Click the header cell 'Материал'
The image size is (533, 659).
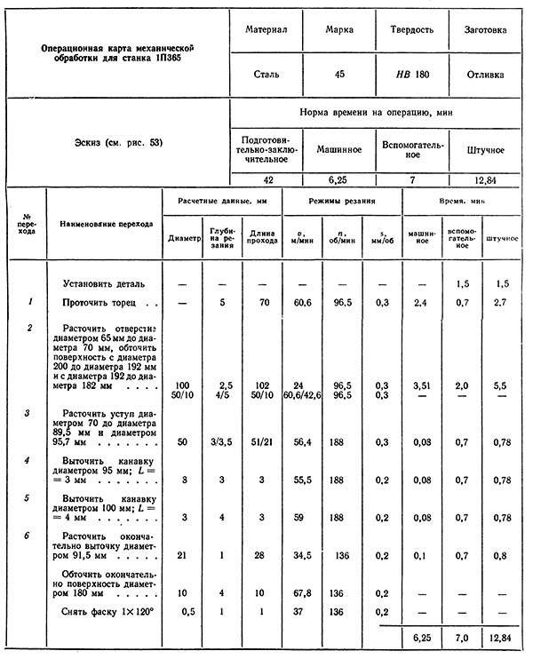coord(266,29)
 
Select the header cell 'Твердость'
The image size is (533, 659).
coord(411,29)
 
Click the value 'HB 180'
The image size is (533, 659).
coord(411,75)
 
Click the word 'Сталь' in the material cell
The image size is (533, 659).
coord(266,75)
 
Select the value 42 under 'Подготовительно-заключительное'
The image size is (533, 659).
coord(266,179)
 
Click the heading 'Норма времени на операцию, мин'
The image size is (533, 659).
coord(377,114)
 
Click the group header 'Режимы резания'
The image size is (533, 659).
coord(342,201)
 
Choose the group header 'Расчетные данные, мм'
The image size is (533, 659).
coord(222,201)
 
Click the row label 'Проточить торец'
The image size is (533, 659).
coord(99,303)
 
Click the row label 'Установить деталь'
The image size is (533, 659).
coord(103,283)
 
